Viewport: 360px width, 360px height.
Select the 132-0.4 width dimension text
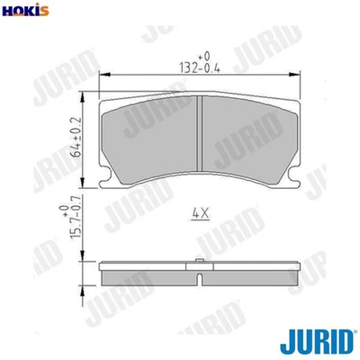(197, 65)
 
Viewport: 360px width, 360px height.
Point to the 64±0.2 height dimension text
(76, 135)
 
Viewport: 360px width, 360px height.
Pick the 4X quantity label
(200, 213)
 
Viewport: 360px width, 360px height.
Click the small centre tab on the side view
(198, 264)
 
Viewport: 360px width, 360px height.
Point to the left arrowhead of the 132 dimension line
(100, 74)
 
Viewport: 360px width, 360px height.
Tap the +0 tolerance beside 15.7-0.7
(64, 211)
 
